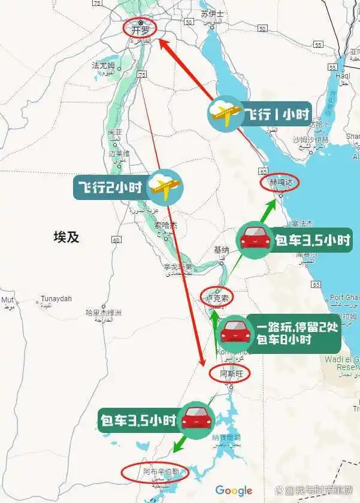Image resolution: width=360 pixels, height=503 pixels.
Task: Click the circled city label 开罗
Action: tap(140, 28)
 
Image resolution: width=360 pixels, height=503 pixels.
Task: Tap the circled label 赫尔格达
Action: tap(279, 182)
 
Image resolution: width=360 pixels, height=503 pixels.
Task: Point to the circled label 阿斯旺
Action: tap(229, 374)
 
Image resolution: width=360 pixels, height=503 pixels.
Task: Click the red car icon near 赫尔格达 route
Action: tap(256, 240)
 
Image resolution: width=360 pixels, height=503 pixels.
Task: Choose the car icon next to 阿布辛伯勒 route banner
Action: tap(196, 419)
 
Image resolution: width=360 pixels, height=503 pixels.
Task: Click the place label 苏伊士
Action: tap(212, 14)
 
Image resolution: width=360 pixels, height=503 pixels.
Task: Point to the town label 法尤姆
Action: tap(104, 65)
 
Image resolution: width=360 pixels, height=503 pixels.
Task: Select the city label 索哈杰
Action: tap(166, 226)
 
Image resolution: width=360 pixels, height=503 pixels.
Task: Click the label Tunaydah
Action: tap(56, 299)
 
